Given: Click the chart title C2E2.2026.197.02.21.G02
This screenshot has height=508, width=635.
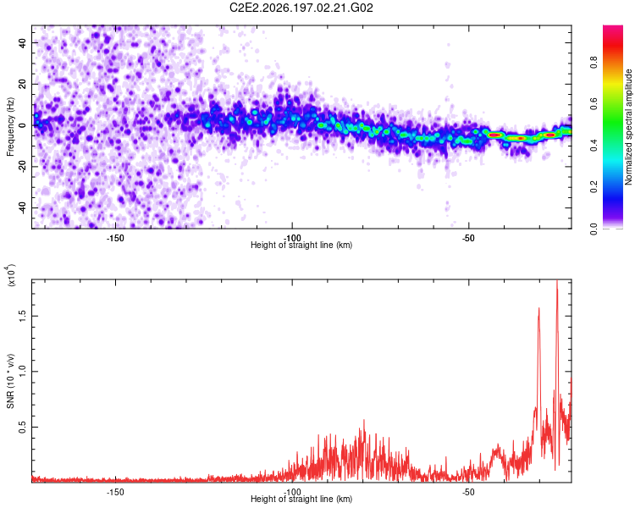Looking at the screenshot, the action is tap(301, 8).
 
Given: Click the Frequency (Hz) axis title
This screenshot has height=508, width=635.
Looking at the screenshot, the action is tap(10, 127).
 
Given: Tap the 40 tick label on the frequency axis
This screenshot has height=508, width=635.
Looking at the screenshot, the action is tap(22, 42).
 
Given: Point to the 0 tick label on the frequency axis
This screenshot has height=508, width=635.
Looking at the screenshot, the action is tap(22, 125).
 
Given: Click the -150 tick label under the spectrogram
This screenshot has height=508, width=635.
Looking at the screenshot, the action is tap(115, 238).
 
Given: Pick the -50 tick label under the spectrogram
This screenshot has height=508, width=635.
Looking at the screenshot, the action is tap(468, 238).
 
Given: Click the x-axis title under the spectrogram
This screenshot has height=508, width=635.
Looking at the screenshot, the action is tap(301, 245).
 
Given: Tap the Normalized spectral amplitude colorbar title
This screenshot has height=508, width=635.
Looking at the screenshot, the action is tap(628, 127).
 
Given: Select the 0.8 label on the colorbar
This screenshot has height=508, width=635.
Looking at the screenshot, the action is tap(594, 63).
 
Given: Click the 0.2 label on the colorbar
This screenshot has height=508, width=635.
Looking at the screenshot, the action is tap(594, 187).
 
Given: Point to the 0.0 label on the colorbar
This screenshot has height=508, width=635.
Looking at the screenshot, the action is tap(594, 229).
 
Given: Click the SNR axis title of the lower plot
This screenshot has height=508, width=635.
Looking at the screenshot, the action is tap(10, 381).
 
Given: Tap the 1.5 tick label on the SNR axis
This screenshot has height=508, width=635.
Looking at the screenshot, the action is tap(22, 316).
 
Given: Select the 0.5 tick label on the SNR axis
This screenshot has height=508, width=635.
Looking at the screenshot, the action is tap(22, 427).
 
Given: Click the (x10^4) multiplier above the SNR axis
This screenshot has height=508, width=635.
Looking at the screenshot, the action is tap(11, 275).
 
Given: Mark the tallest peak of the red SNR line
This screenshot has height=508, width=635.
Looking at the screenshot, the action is tap(557, 281).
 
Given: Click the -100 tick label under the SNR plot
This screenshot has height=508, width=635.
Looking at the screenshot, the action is tap(292, 492).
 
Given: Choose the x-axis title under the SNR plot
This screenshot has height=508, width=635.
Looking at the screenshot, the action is tap(301, 499).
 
